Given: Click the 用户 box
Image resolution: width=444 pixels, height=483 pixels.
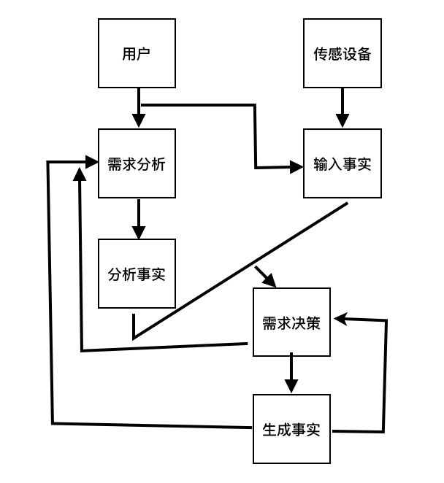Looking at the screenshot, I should [137, 54].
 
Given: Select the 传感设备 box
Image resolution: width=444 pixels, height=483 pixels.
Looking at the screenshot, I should [342, 54].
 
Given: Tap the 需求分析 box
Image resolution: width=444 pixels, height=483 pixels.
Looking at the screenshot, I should [137, 163].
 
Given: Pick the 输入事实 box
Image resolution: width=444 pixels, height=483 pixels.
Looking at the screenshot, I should [342, 163].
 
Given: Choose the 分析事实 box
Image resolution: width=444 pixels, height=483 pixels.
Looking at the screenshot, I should [137, 274].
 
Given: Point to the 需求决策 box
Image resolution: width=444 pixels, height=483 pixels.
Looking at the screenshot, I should [291, 322].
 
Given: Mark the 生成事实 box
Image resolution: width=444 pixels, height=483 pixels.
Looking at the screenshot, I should [291, 429].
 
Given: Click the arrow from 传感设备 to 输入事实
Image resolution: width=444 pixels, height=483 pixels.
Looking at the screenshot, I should [342, 109].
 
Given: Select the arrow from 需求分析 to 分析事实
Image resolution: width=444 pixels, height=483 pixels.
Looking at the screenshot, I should [137, 219].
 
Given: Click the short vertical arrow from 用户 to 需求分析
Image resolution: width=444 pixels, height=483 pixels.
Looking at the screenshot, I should [137, 109].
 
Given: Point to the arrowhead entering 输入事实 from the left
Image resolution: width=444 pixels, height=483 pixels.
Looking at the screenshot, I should [296, 168].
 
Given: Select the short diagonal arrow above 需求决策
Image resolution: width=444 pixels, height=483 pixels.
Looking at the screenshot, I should [264, 277].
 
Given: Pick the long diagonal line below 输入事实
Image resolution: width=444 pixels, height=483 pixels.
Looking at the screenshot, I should [241, 270].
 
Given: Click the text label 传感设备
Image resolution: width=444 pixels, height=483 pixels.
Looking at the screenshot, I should [342, 54].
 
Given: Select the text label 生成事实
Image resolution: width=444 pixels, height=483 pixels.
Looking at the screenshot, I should [291, 429].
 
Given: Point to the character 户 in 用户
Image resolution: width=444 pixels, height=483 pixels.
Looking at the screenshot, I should [145, 54].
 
